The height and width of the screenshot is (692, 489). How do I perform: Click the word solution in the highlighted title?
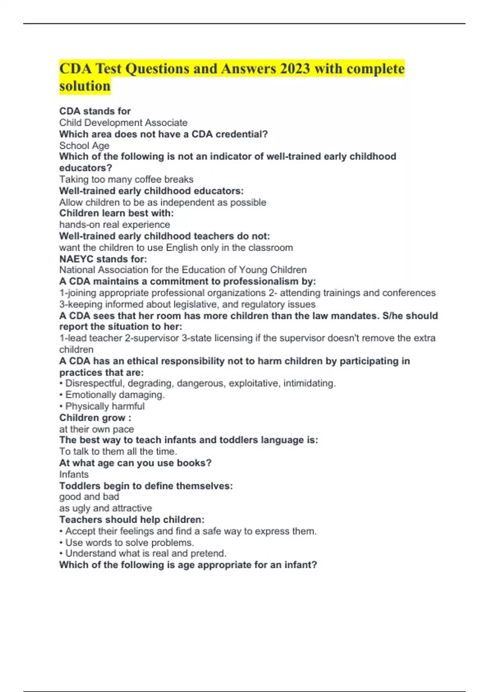[x=85, y=86]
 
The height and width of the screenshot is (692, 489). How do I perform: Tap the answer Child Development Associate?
[x=123, y=123]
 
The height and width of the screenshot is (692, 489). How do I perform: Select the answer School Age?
[x=84, y=145]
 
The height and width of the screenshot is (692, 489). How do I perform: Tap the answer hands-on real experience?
[x=115, y=225]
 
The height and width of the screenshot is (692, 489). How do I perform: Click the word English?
[x=182, y=247]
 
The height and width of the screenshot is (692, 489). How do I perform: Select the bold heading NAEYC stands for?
[x=103, y=259]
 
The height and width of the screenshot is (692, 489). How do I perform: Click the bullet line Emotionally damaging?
[x=115, y=395]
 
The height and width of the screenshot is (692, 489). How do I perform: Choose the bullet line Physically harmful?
[x=105, y=406]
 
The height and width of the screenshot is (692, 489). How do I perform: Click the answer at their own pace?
[x=96, y=429]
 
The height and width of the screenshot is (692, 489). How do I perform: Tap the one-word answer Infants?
[x=74, y=474]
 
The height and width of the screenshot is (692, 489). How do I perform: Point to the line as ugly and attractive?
[x=105, y=508]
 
